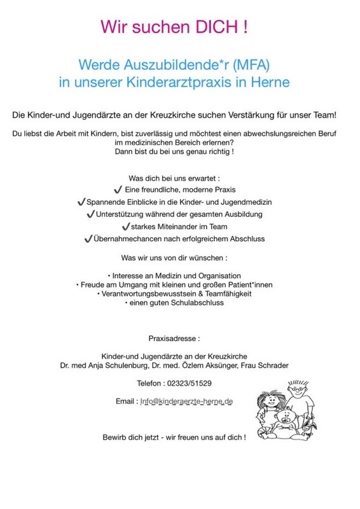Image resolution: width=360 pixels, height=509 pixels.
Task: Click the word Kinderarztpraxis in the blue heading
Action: (x=194, y=82)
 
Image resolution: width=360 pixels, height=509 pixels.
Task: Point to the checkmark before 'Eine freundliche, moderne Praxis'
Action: (x=118, y=190)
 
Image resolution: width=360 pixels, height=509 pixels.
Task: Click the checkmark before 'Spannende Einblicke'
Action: (x=81, y=202)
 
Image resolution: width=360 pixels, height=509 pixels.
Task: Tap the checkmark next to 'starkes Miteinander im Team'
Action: (x=125, y=227)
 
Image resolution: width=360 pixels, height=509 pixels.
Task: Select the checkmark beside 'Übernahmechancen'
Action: (x=88, y=239)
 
